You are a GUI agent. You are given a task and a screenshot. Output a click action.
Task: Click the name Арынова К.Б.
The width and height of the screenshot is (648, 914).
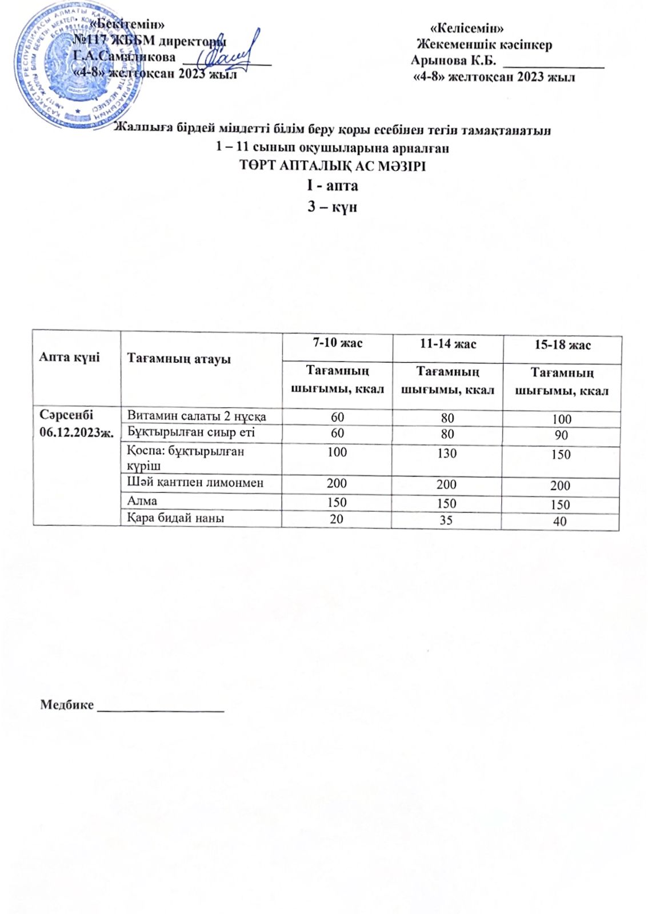point(453,60)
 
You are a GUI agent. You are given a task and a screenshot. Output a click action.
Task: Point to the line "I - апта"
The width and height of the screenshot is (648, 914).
point(332,186)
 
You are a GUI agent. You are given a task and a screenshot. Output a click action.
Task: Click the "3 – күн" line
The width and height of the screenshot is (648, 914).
point(332,206)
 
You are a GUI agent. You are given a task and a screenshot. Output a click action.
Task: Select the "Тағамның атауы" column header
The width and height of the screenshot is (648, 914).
point(179,359)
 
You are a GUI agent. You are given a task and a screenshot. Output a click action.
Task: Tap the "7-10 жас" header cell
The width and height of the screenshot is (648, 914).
point(337,343)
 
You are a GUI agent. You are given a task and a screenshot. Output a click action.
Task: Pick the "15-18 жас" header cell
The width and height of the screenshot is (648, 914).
point(562,345)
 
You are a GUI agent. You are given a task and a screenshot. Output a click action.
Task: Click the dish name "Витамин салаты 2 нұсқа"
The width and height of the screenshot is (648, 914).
point(197,416)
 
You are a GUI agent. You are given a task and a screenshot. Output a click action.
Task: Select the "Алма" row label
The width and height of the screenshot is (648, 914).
point(142,501)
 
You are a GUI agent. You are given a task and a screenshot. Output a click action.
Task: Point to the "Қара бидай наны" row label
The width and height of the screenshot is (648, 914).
point(175,518)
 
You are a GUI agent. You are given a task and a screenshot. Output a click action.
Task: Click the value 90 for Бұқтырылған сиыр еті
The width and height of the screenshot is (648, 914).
point(561,435)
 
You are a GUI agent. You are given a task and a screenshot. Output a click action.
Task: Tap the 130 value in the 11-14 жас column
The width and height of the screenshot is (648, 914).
point(447,453)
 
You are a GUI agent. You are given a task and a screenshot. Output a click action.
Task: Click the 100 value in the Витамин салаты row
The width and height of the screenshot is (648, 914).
point(562,419)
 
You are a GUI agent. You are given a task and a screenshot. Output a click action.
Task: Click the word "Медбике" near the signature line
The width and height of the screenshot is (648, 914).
point(67,704)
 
